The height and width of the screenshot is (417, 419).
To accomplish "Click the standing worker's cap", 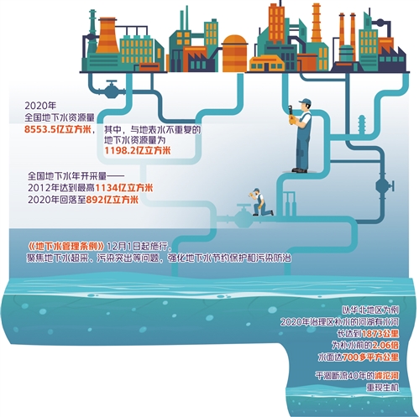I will pyautogui.click(x=306, y=102).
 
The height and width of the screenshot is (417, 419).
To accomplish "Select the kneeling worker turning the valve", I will pyautogui.click(x=259, y=202).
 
